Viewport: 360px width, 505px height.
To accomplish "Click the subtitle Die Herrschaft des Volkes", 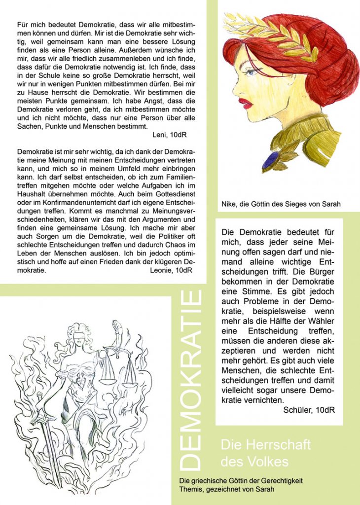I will pos(265,453).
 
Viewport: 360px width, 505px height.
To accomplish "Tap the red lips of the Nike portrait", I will pos(245,103).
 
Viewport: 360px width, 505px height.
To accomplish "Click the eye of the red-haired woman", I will pos(251,72).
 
